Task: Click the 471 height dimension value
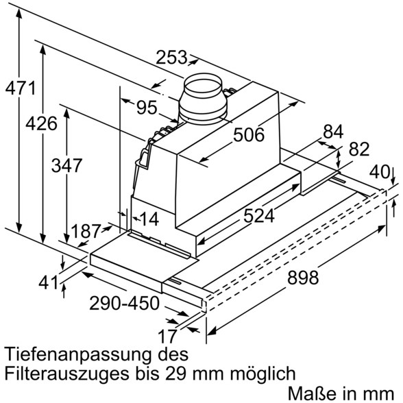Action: [21, 88]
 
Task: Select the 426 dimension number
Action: [41, 123]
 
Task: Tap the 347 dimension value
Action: [67, 165]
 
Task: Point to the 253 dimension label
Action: [171, 57]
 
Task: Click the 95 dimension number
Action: [147, 107]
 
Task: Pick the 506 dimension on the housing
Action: [249, 134]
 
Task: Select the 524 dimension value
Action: [259, 215]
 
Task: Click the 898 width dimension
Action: [303, 278]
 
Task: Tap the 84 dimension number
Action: [333, 132]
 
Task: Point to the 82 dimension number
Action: [359, 149]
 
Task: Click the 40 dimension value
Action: [380, 171]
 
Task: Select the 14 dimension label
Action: [149, 219]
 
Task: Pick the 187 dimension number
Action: [86, 231]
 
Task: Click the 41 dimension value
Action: [48, 283]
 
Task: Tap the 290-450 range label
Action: [125, 303]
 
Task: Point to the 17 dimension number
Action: [167, 336]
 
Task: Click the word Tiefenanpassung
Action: [77, 354]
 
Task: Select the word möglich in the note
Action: [262, 374]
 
